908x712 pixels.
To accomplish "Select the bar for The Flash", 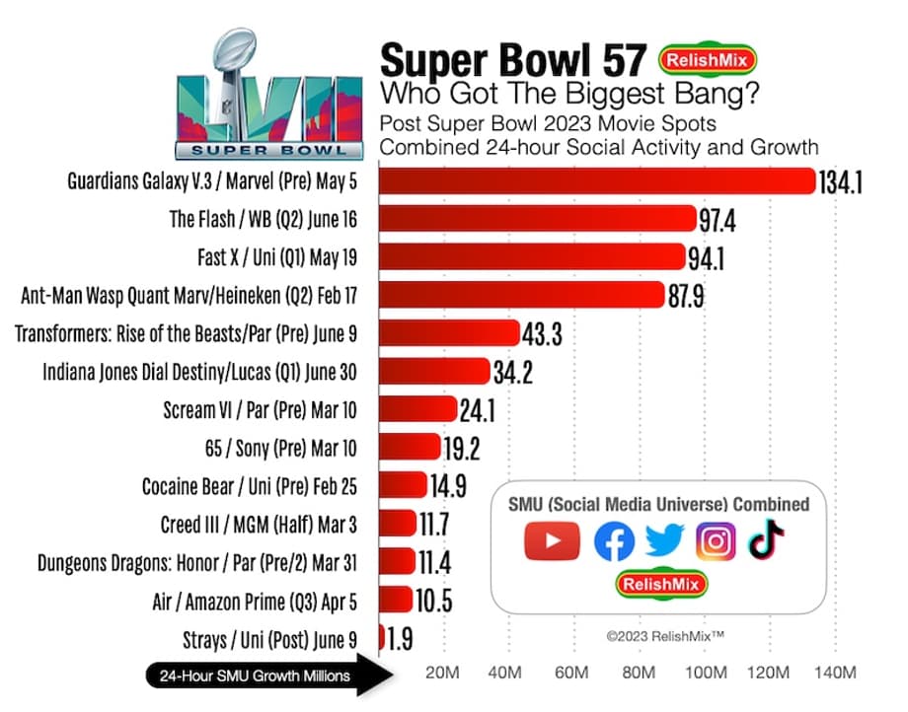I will (538, 219).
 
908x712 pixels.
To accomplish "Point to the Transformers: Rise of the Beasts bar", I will (449, 333).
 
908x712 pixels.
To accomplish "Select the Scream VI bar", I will (417, 409).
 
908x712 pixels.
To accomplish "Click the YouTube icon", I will (551, 541).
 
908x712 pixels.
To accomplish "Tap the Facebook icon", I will (614, 541).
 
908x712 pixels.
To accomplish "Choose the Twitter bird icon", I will (664, 541).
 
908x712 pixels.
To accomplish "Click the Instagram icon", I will (716, 541).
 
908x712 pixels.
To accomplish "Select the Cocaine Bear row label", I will (249, 485).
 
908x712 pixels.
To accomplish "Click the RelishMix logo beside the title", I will (709, 60).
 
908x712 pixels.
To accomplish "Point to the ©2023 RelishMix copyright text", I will (665, 637).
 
